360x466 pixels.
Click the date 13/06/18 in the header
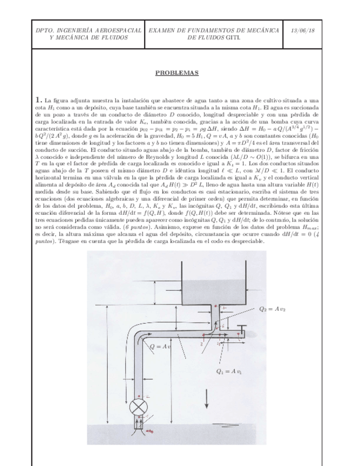304,32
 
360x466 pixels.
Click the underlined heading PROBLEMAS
176,72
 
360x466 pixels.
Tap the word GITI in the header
232,38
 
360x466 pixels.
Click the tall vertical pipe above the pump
139,368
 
